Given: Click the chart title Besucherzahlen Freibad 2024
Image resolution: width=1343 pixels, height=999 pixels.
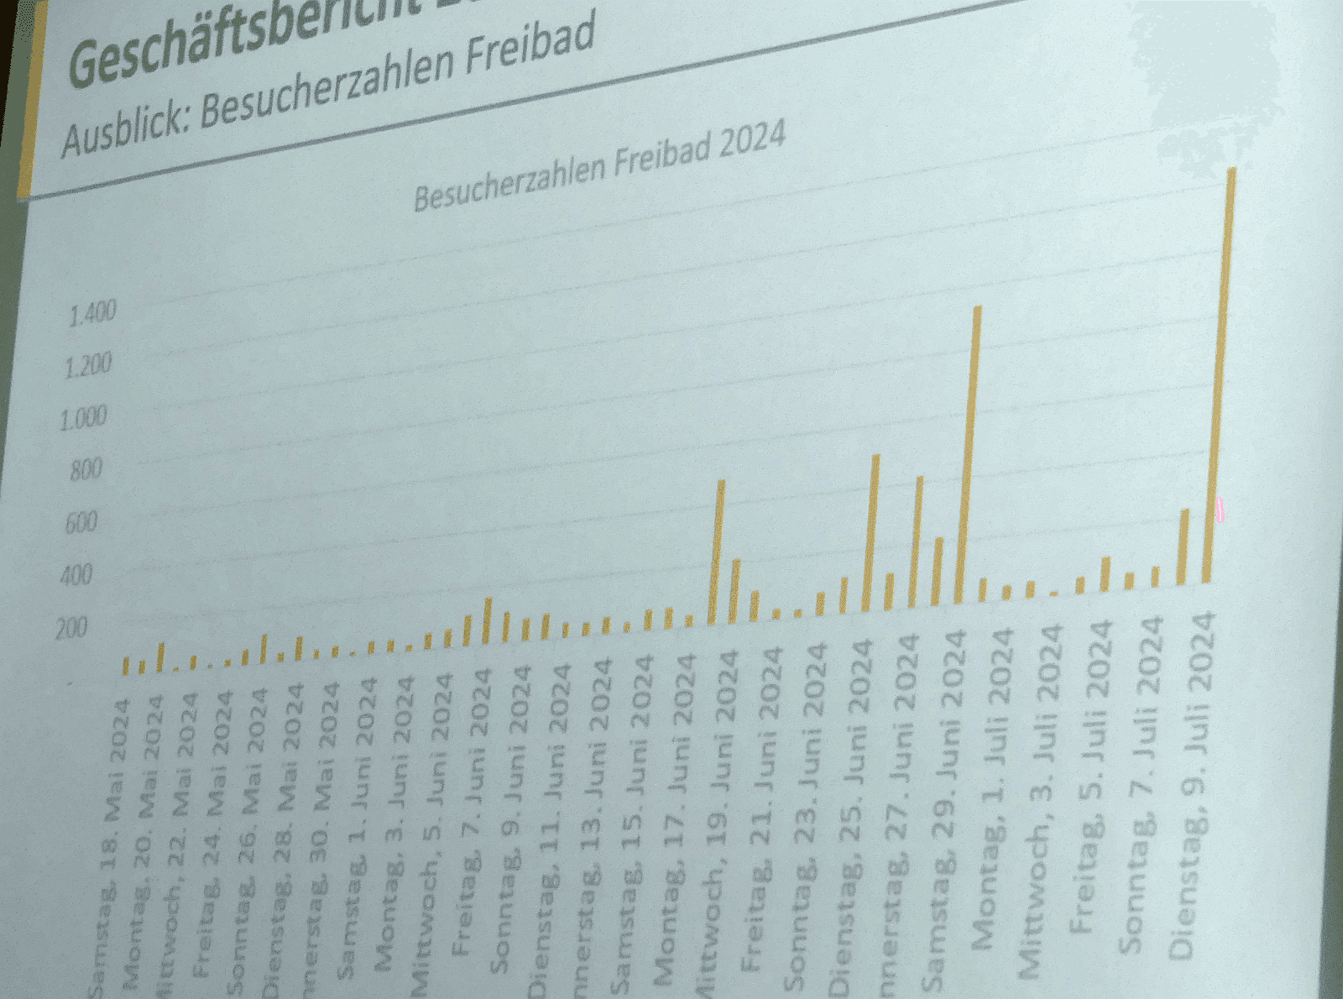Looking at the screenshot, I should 599,167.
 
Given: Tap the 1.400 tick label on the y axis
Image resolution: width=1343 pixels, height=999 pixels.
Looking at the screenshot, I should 92,314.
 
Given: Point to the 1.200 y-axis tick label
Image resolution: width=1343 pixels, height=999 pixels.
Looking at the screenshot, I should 88,366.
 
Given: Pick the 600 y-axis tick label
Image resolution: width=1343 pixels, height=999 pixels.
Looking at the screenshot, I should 81,523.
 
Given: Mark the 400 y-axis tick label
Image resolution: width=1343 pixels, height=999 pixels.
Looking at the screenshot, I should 76,576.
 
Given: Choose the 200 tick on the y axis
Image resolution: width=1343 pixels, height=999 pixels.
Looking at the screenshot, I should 71,628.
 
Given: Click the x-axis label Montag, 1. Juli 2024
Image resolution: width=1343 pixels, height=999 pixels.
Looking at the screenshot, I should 995,789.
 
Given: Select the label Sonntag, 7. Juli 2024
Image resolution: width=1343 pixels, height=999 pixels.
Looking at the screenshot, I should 1142,785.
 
